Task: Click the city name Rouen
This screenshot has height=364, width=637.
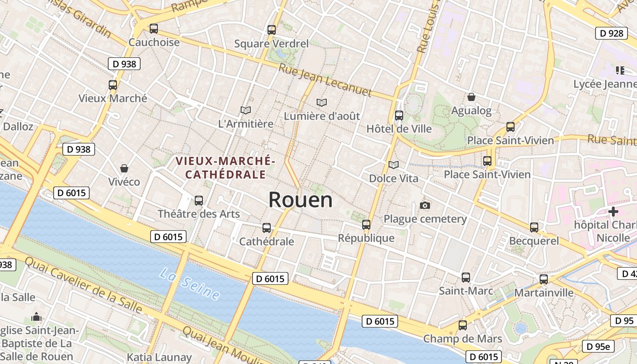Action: tap(300, 200)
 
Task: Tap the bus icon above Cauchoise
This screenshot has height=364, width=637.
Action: tap(154, 29)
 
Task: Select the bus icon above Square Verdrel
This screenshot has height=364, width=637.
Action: tap(272, 30)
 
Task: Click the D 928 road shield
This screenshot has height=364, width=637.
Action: tap(611, 33)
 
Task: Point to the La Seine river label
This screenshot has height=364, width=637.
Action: tap(190, 284)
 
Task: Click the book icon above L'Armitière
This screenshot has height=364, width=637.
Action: tap(246, 110)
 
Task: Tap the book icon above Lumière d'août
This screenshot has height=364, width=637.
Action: tap(322, 102)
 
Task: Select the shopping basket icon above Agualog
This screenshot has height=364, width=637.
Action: tap(471, 97)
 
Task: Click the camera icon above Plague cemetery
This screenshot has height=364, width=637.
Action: tap(425, 206)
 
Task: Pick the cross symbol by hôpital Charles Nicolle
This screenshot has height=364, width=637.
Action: tap(613, 211)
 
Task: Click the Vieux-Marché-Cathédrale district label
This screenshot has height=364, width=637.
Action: tap(226, 167)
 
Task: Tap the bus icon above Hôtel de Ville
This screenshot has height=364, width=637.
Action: tap(399, 116)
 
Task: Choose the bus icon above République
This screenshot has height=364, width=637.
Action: tap(366, 224)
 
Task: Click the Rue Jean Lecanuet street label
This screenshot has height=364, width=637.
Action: tap(325, 80)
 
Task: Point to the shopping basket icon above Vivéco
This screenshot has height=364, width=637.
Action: tap(124, 168)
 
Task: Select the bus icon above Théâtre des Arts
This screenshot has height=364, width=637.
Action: tap(199, 200)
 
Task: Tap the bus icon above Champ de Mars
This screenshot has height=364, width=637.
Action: tap(463, 325)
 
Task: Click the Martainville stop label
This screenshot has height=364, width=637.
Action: tap(544, 293)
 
